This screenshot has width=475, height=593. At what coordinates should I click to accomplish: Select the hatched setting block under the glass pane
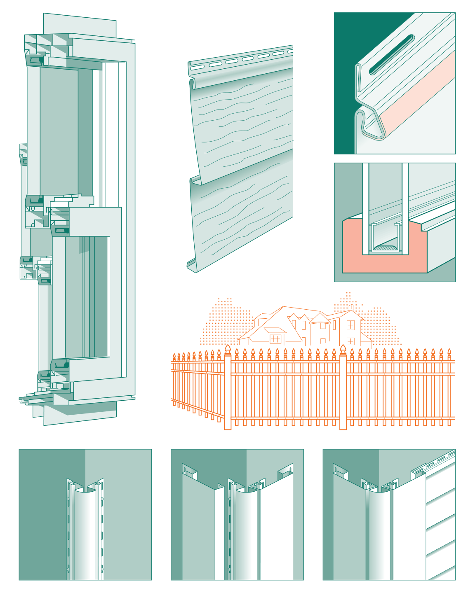coord(386,248)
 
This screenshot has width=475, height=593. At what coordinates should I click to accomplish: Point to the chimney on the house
coord(351,307)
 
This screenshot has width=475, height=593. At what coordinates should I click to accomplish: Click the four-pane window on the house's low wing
coord(275,339)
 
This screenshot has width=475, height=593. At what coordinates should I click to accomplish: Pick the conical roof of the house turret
coord(320,318)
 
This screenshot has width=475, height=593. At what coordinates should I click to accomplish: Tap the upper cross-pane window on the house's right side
coord(350,325)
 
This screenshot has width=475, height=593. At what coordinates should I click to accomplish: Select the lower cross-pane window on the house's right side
coord(350,341)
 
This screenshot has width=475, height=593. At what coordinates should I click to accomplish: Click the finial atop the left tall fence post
coord(228,349)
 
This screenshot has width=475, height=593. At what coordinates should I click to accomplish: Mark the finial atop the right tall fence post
coord(343,349)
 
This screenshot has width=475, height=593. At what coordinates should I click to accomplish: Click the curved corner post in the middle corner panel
coord(247,531)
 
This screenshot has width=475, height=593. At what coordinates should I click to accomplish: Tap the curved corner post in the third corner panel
coord(379,531)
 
